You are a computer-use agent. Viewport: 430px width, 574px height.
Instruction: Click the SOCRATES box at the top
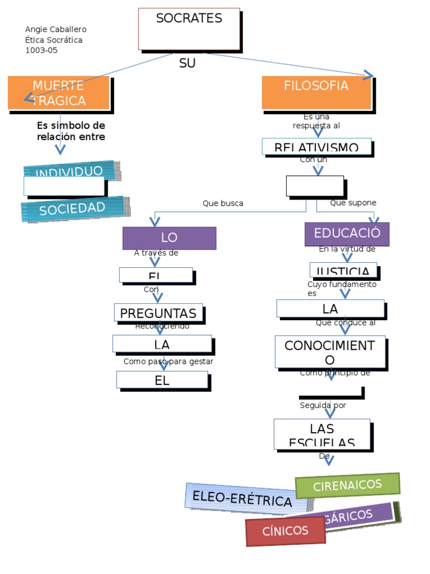point(189,29)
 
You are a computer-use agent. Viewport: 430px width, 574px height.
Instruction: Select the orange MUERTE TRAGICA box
point(59,92)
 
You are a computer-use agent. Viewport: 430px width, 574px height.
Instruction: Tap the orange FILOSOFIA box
point(316,92)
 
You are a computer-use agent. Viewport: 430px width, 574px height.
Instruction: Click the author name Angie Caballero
point(56,29)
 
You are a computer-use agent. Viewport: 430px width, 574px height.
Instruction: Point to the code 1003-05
point(41,50)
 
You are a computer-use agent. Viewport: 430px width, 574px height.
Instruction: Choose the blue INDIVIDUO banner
point(69,170)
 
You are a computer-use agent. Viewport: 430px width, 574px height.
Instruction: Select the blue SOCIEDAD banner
point(72,209)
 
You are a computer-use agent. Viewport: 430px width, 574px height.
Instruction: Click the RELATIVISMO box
point(316,146)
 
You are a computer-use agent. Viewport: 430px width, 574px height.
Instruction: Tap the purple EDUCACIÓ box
point(347,234)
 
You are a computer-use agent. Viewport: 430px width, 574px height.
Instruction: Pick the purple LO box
point(169,238)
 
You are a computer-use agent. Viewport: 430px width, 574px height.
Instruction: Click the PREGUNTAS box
point(158,313)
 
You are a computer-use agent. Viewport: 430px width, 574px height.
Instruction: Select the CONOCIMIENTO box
point(330,352)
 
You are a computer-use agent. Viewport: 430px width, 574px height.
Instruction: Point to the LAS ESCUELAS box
point(322,434)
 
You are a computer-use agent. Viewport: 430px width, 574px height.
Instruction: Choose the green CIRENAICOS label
point(347,485)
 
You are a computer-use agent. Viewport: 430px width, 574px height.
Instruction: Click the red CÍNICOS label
point(286,531)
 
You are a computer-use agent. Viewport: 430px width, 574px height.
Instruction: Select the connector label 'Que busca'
point(223,203)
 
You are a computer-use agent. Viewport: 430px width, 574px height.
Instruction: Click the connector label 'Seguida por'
point(323,405)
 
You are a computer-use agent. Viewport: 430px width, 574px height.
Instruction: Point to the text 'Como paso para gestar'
point(169,362)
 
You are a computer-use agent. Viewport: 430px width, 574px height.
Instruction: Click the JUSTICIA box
point(343,270)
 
